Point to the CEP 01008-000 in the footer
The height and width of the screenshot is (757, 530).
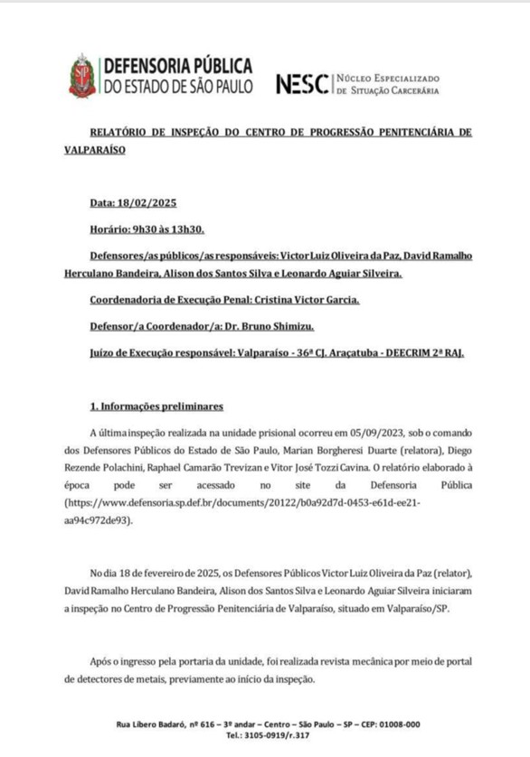pyautogui.click(x=399, y=724)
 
